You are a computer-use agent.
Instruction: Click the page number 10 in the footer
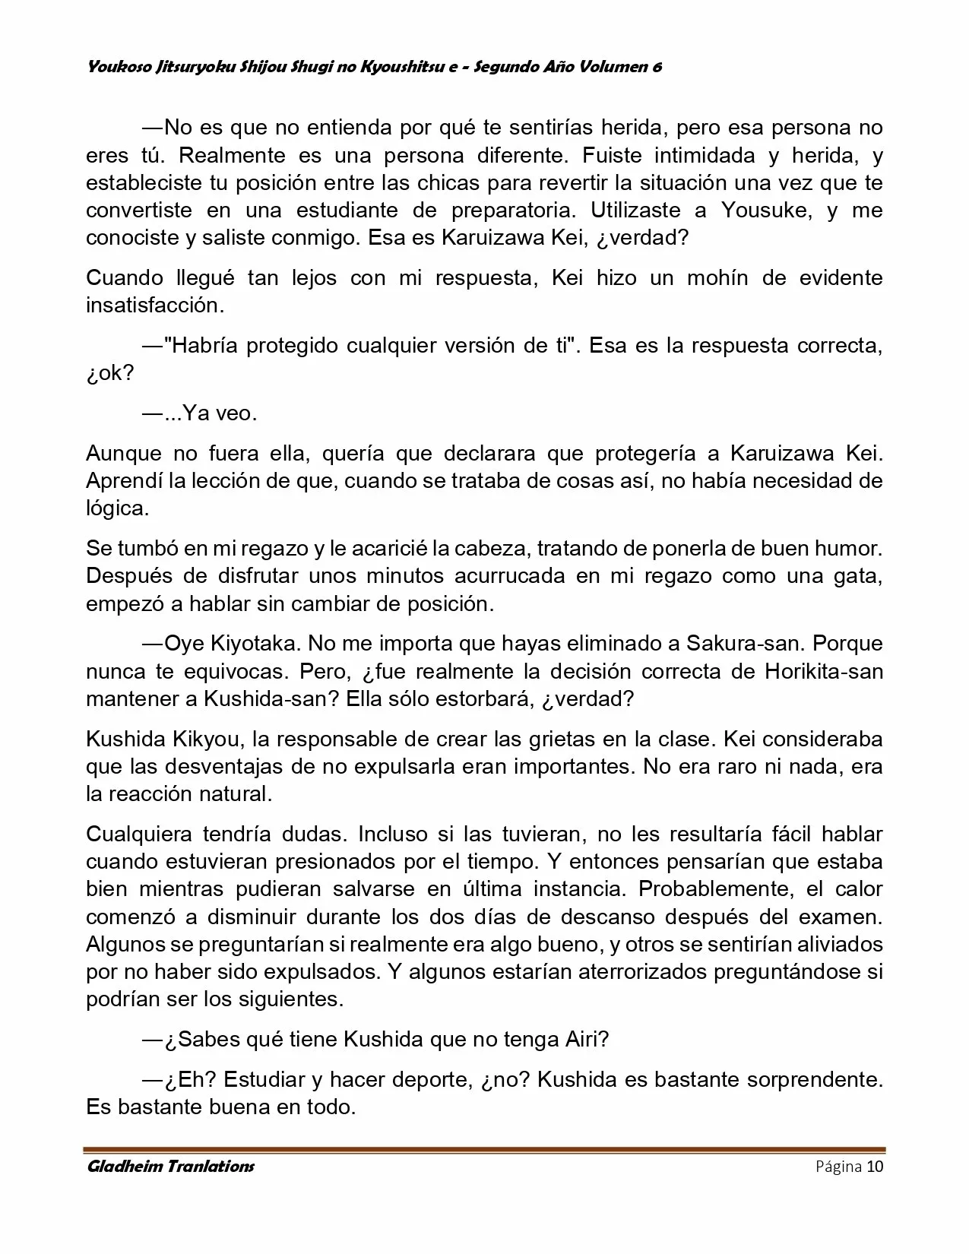(875, 1167)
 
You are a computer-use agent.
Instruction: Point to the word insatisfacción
(155, 306)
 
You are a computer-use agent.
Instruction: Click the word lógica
(117, 508)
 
